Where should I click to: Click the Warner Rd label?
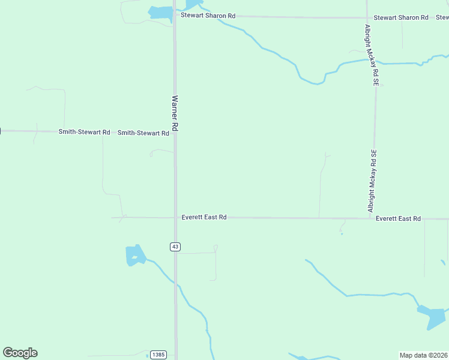point(175,113)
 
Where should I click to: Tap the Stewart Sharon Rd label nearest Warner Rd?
point(208,16)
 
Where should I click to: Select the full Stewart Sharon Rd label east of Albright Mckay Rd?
point(401,18)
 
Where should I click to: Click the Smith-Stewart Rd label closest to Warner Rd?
point(143,133)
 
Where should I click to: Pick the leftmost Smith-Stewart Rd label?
point(84,131)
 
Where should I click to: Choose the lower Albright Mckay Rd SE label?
point(372,181)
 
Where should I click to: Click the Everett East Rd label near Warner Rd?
point(204,217)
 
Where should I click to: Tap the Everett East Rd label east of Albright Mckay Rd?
point(398,219)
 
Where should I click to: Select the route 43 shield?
point(175,247)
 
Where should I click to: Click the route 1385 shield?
point(157,355)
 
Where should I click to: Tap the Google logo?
point(20,353)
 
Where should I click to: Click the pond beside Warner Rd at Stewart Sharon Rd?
point(160,13)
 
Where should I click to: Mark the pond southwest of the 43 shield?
point(135,256)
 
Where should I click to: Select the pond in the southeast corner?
point(432,316)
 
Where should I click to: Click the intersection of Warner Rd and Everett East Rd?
point(175,218)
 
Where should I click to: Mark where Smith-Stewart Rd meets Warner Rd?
point(175,133)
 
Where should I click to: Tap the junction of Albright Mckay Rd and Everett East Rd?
point(372,218)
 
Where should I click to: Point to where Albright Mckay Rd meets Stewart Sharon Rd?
point(367,17)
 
